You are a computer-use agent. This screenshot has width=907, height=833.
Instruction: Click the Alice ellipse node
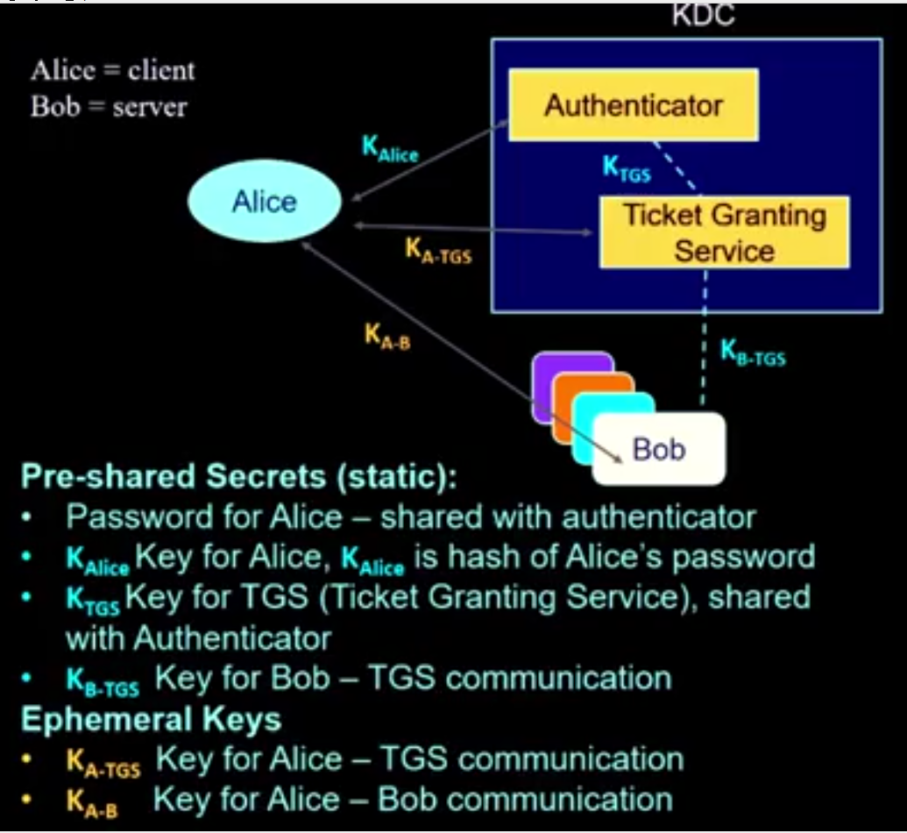(265, 202)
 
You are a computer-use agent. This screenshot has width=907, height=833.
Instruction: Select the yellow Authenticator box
(634, 105)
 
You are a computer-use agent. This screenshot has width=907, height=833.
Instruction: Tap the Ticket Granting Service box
(724, 232)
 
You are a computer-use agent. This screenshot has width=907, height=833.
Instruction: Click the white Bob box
(659, 449)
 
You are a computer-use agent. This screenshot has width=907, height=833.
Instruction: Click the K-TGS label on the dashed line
(627, 169)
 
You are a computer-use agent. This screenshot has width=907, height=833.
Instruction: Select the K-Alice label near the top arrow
(390, 148)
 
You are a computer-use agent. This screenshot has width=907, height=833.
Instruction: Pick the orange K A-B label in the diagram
(386, 336)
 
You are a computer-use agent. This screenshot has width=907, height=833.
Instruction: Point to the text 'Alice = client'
(113, 70)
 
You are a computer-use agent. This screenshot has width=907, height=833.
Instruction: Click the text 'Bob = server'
(109, 107)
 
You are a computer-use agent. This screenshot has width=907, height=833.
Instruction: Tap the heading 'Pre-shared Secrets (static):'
(238, 477)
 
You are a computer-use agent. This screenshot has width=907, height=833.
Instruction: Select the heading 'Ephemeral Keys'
(151, 720)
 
